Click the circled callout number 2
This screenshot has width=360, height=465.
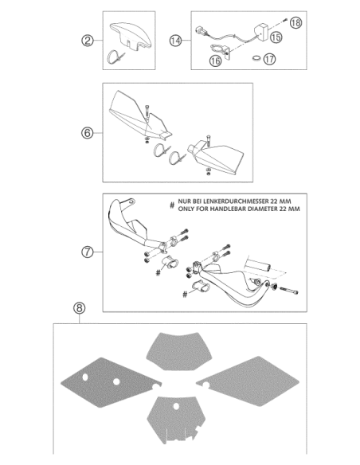(87, 41)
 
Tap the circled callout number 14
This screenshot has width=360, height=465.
(175, 41)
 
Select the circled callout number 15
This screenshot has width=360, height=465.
(276, 37)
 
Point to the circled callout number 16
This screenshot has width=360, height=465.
(215, 61)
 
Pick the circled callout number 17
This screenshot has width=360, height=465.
(269, 59)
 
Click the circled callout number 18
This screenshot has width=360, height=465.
(295, 23)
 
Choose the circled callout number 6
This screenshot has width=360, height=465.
(87, 133)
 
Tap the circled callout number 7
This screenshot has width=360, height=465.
(87, 252)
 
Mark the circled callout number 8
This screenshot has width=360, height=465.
(79, 308)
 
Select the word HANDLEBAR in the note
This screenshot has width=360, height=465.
(228, 209)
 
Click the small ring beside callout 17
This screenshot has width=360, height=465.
(256, 58)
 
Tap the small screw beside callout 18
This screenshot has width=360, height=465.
(285, 20)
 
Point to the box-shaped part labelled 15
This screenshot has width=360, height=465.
(261, 33)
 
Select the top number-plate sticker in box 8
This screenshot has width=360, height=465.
(177, 351)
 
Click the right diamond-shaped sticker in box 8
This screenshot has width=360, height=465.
(248, 381)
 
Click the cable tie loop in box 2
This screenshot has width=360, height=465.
(114, 56)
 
